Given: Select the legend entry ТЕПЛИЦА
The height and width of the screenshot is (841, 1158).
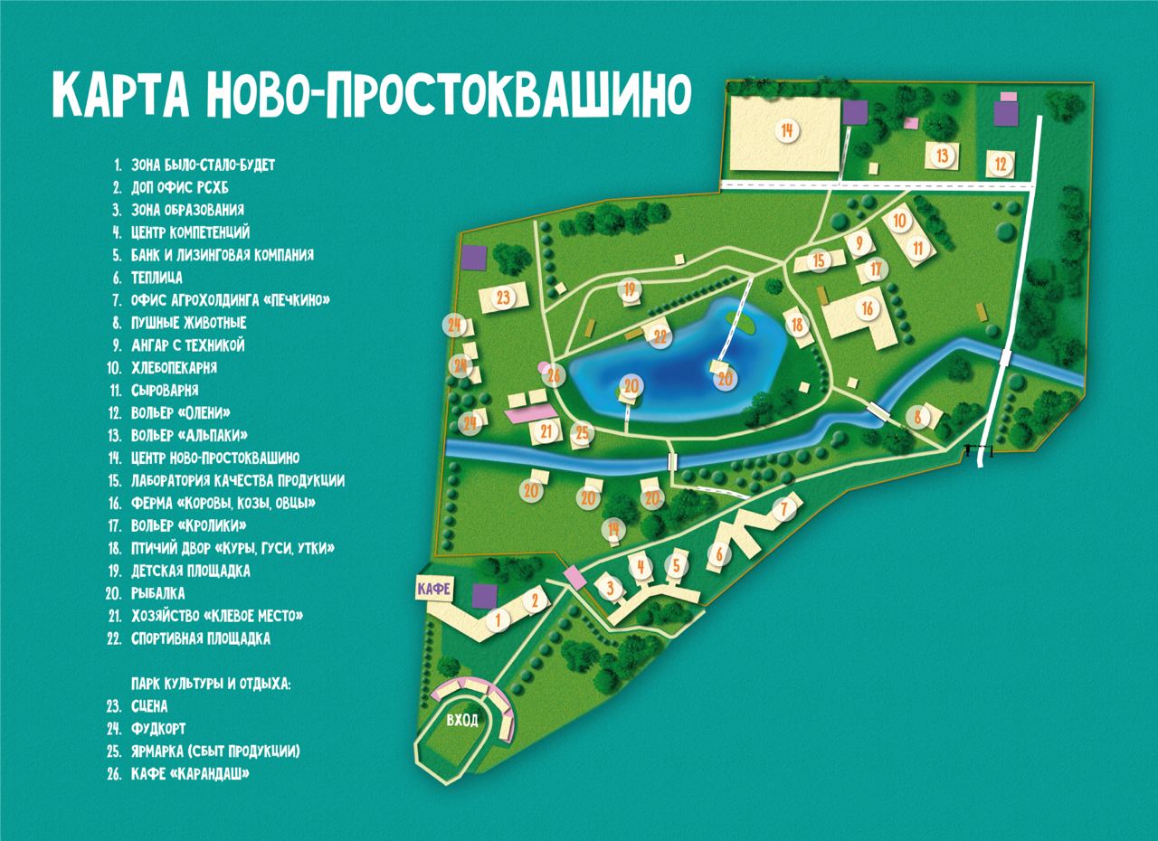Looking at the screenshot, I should (x=157, y=278).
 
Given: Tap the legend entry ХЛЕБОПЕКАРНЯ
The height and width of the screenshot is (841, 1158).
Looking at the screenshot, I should (x=174, y=368).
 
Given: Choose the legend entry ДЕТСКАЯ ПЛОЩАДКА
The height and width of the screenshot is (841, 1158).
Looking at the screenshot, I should (x=190, y=571).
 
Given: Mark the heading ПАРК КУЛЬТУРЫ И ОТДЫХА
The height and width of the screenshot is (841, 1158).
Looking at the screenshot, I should (x=211, y=685).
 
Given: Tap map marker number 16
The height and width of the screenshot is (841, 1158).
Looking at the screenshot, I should (x=868, y=308).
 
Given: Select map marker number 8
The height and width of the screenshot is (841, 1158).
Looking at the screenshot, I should (x=917, y=417).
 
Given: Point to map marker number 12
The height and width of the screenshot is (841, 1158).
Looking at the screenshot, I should (x=1000, y=165).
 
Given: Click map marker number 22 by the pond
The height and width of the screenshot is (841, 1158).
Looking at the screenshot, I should (x=660, y=336).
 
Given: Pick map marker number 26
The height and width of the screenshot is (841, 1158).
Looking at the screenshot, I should (x=554, y=374).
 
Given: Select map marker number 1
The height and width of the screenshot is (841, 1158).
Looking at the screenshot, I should (x=496, y=619).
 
